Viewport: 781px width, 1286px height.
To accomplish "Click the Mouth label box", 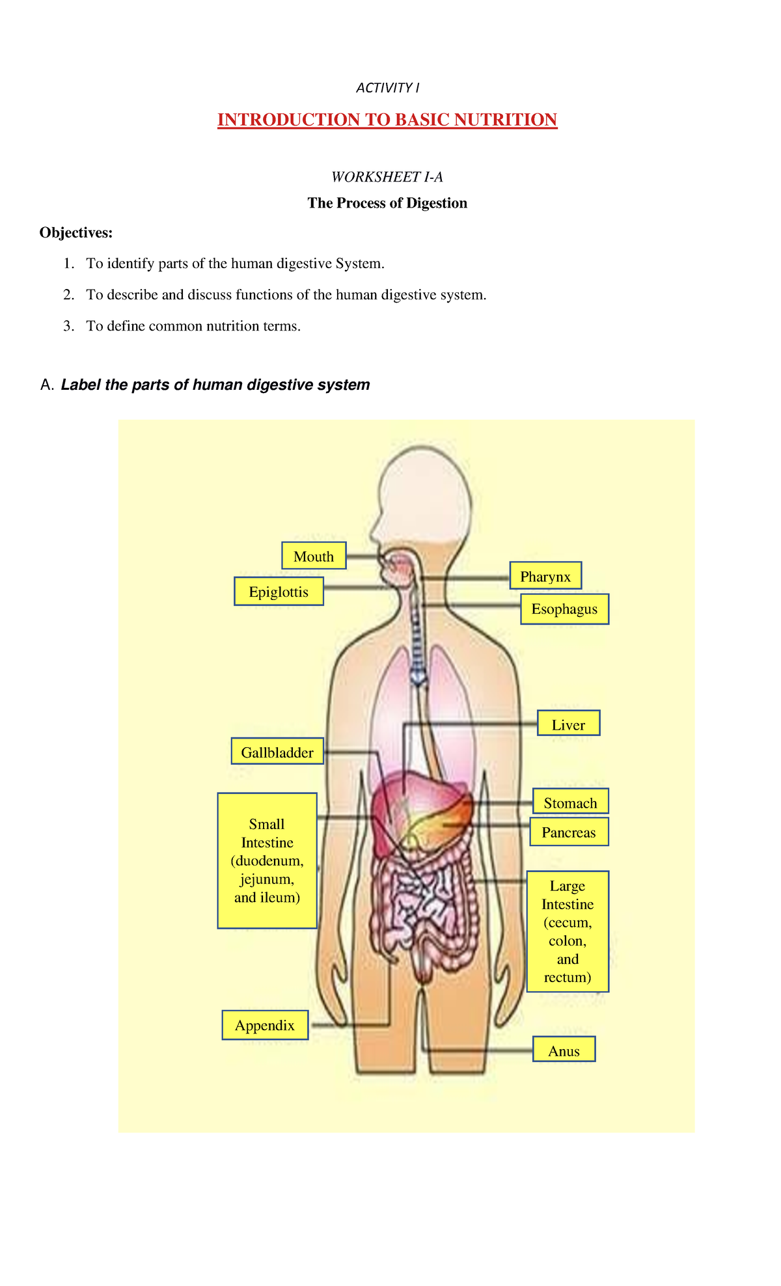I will pyautogui.click(x=314, y=556).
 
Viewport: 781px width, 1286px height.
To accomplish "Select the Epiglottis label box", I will pyautogui.click(x=279, y=592).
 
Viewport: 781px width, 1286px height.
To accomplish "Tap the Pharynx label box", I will pyautogui.click(x=545, y=576).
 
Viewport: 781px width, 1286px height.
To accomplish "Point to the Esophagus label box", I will pyautogui.click(x=564, y=609).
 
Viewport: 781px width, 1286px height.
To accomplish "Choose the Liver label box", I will pyautogui.click(x=568, y=724).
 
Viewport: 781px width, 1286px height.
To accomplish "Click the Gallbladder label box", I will pyautogui.click(x=277, y=752).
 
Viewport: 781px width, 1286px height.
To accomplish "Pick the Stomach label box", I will pyautogui.click(x=570, y=802).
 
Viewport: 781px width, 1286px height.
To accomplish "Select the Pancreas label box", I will pyautogui.click(x=569, y=832).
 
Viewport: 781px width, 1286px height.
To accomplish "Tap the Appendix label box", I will pyautogui.click(x=265, y=1025).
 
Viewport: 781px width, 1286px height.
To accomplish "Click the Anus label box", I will pyautogui.click(x=564, y=1050).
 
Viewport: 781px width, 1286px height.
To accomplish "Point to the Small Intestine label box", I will pyautogui.click(x=267, y=860).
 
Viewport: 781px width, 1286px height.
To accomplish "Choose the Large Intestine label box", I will pyautogui.click(x=568, y=931).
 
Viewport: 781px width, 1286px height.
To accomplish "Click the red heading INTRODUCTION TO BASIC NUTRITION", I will pyautogui.click(x=387, y=120).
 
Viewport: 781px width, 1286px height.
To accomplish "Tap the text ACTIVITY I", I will pyautogui.click(x=388, y=88).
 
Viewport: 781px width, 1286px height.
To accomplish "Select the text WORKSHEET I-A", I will pyautogui.click(x=387, y=177).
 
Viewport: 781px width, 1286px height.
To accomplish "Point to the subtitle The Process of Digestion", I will pyautogui.click(x=387, y=203).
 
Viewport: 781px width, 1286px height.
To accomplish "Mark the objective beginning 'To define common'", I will pyautogui.click(x=193, y=326).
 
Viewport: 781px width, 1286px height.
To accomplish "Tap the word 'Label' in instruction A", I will pyautogui.click(x=81, y=385).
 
